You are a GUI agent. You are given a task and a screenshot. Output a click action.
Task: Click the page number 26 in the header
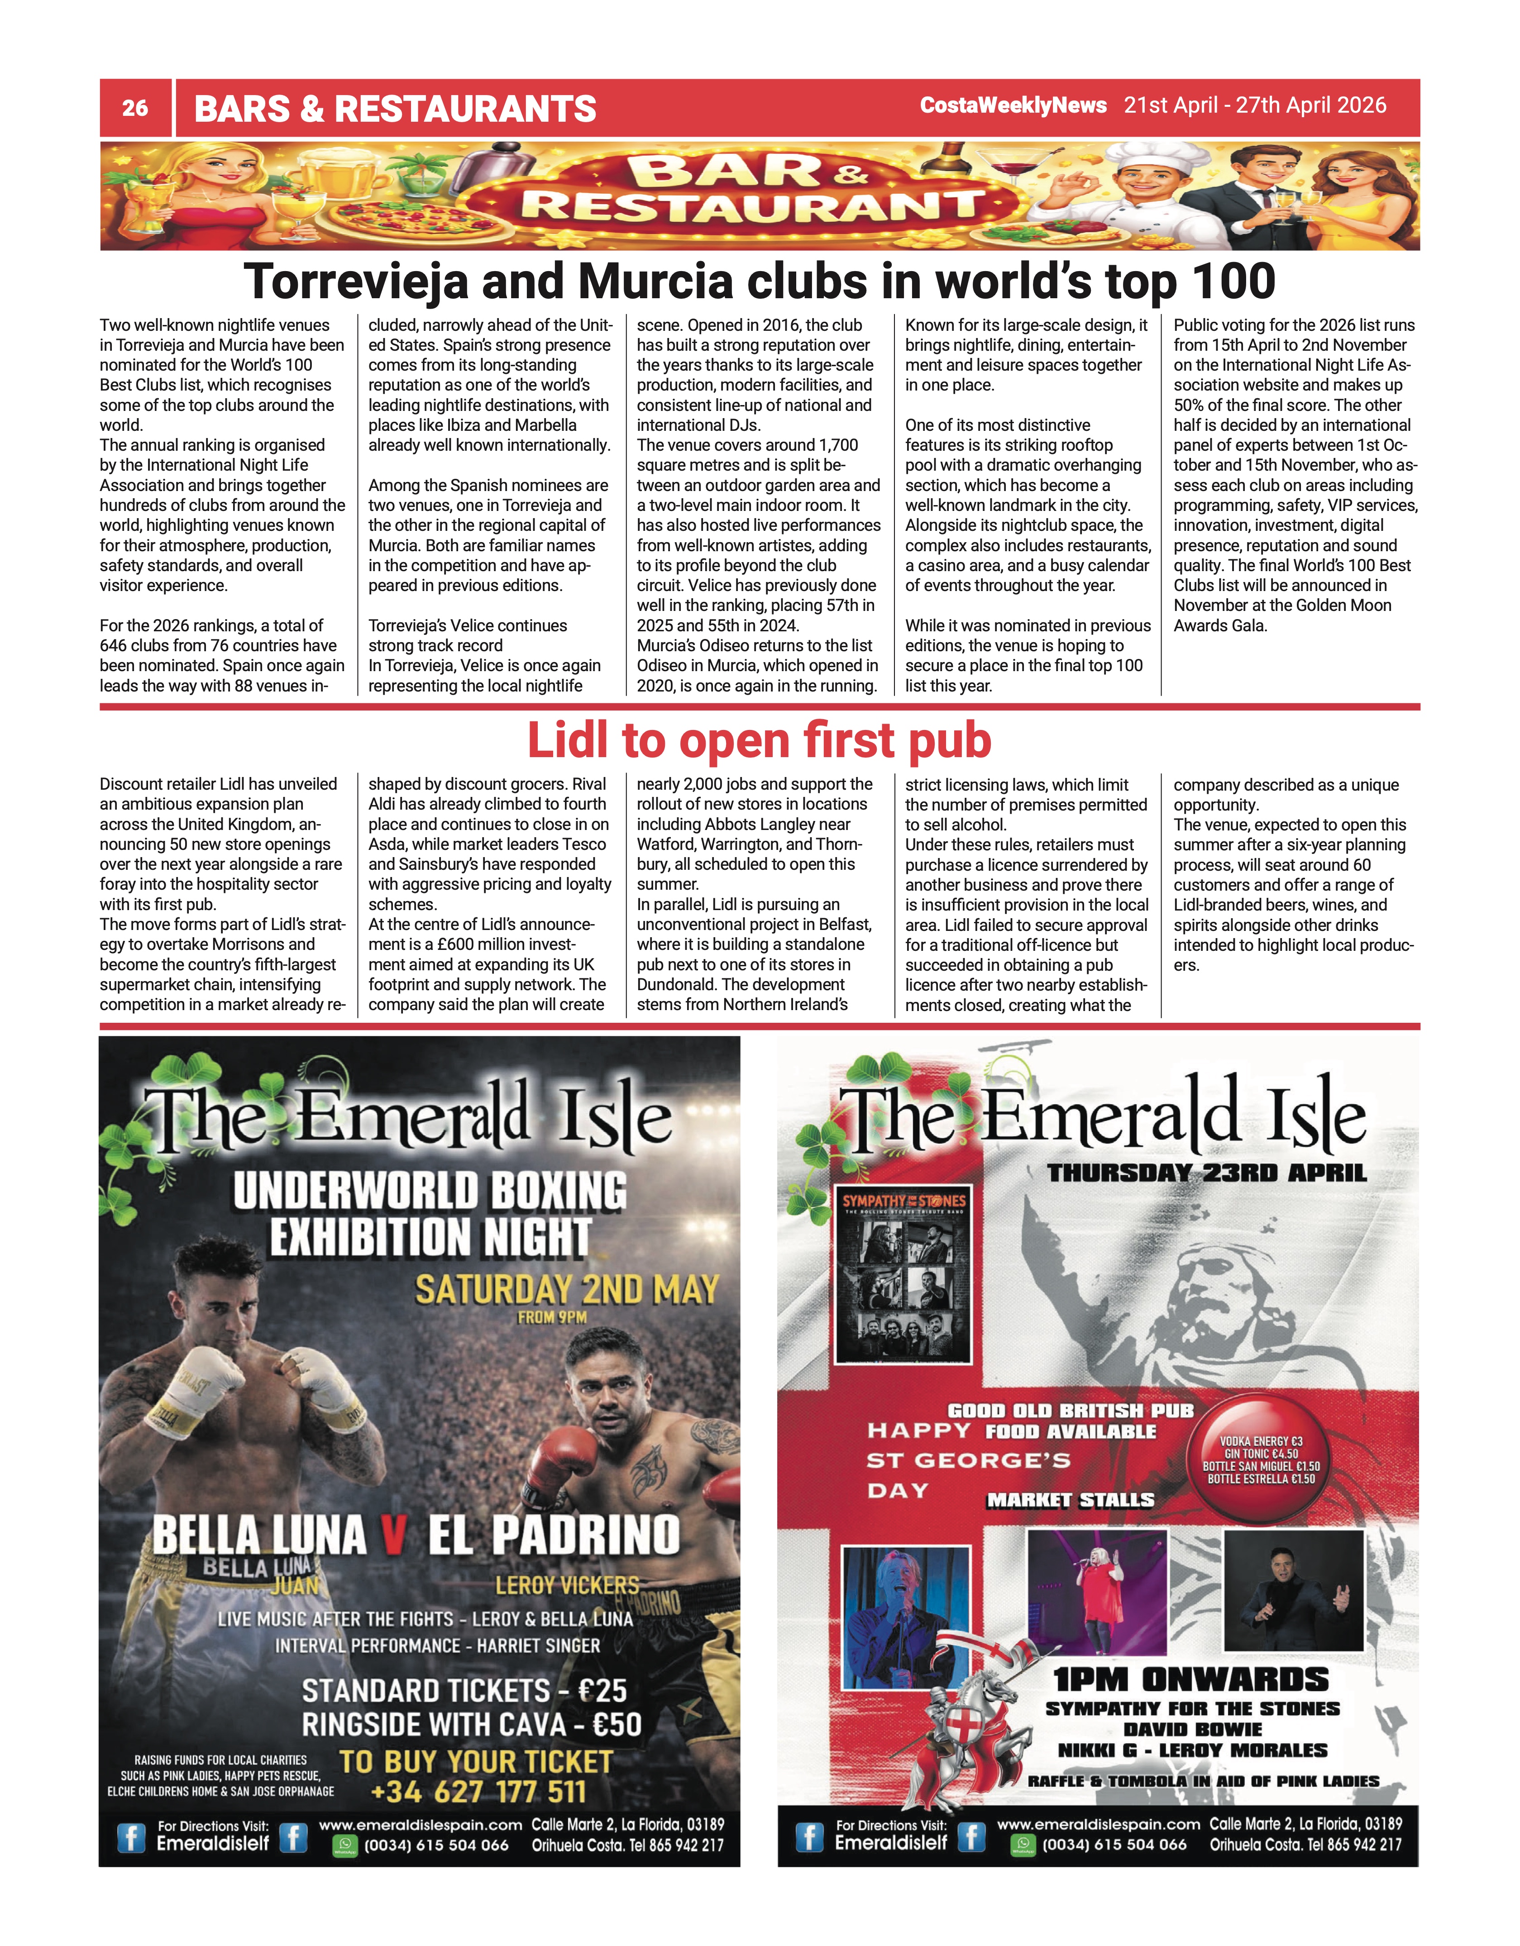pyautogui.click(x=134, y=108)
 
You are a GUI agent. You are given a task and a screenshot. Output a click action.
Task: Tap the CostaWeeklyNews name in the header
pyautogui.click(x=1013, y=105)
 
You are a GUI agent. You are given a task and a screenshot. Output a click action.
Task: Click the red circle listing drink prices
pyautogui.click(x=1261, y=1459)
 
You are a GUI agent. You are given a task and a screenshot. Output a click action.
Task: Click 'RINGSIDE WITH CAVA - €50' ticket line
pyautogui.click(x=471, y=1724)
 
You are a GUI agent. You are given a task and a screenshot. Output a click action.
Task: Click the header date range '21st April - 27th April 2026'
pyautogui.click(x=1254, y=105)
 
